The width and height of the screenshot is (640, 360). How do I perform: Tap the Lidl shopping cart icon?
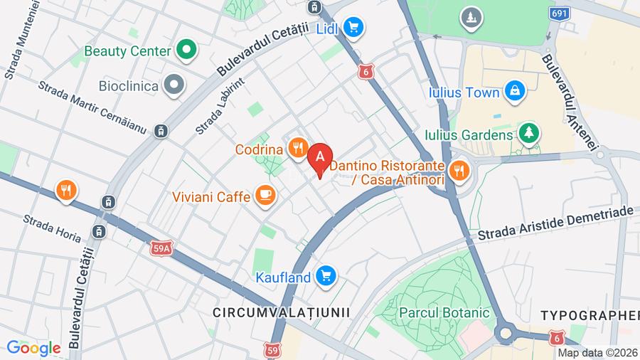pos(352,28)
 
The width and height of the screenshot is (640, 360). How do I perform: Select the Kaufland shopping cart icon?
pos(326,275)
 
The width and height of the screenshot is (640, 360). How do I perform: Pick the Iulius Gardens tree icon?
pos(528,132)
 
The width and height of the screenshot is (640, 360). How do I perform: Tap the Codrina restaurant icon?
pos(298,149)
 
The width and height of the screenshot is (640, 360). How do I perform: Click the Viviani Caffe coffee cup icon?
pos(265,195)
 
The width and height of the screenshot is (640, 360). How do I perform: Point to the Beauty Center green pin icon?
pos(186,51)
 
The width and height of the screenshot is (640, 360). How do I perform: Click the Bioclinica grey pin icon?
pos(173,85)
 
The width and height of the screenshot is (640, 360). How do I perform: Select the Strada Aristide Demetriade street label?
pos(555,223)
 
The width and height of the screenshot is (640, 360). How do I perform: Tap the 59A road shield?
pos(162,248)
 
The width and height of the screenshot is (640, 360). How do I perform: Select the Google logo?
pos(33,348)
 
